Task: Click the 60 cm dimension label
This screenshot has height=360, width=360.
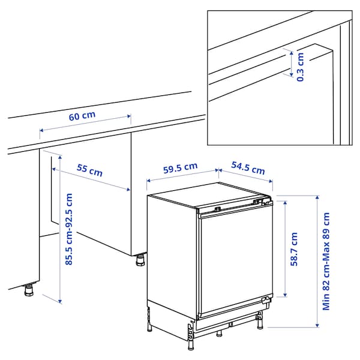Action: (82, 116)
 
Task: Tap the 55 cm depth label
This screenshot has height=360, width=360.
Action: (89, 170)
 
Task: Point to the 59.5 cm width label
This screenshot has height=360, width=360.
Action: (180, 168)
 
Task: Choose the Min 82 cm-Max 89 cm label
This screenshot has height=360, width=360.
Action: (326, 260)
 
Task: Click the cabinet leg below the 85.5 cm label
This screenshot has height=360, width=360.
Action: (29, 290)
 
